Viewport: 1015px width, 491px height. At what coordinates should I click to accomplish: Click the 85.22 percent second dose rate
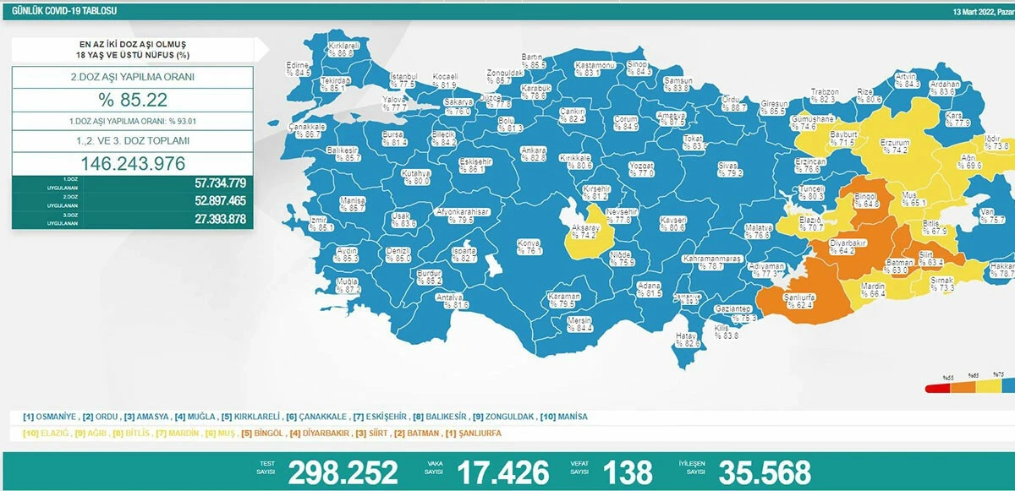click(x=132, y=100)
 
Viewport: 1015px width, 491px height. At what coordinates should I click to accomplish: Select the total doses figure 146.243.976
click(x=132, y=163)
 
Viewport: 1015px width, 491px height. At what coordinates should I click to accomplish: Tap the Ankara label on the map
click(x=533, y=150)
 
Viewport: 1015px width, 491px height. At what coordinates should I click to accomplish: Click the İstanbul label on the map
click(x=403, y=76)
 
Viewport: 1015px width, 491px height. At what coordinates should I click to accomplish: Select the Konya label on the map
click(x=529, y=243)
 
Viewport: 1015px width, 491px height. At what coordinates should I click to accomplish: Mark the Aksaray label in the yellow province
click(x=584, y=228)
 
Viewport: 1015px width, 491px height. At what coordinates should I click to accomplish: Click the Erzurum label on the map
click(x=893, y=143)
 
